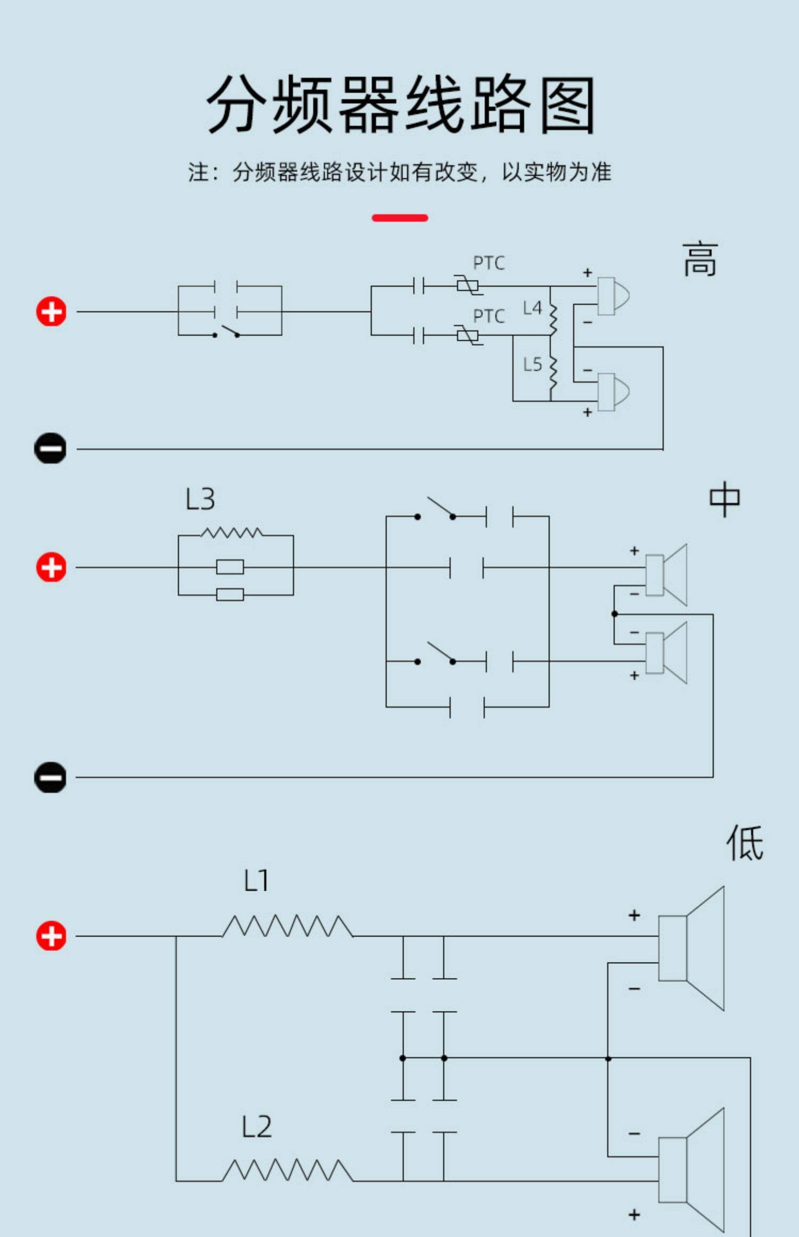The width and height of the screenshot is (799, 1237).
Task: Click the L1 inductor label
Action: click(256, 881)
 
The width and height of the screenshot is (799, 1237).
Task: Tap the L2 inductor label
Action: click(257, 1127)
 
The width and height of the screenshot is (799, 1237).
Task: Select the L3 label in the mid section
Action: click(200, 500)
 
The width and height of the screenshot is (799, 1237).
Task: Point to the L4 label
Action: click(532, 308)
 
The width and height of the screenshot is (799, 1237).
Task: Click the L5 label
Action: click(532, 364)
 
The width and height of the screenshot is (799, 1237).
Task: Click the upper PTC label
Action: click(489, 263)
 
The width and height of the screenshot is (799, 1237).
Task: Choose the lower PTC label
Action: click(489, 316)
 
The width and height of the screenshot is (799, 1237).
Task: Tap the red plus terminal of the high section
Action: click(51, 312)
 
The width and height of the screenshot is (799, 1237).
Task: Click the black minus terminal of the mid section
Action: click(50, 777)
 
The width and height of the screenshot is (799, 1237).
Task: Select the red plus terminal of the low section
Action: click(51, 936)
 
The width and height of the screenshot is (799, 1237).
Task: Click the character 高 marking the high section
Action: click(700, 259)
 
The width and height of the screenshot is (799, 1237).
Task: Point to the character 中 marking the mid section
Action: click(724, 499)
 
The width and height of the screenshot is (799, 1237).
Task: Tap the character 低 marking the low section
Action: click(745, 843)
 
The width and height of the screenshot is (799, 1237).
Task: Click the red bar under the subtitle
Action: click(400, 218)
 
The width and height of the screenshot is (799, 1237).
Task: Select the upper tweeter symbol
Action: click(613, 296)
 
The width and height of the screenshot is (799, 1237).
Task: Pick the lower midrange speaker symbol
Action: click(666, 653)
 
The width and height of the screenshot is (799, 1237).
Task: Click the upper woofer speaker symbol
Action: click(691, 948)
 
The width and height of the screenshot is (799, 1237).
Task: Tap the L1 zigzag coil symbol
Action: click(288, 926)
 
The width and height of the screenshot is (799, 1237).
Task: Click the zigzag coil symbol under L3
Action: click(232, 532)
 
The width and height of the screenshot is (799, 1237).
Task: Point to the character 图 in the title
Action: click(567, 104)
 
